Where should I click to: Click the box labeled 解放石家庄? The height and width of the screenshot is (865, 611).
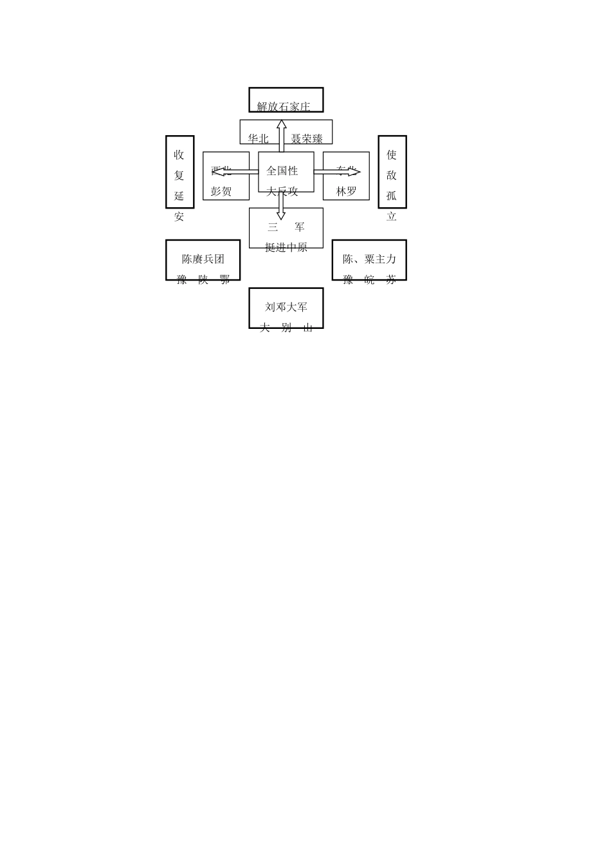click(286, 100)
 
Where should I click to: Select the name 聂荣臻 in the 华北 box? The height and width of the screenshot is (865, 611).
click(307, 138)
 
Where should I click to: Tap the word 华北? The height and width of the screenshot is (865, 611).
click(259, 138)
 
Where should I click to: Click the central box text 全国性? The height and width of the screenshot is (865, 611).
click(282, 171)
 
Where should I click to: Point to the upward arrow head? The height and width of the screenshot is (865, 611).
click(282, 124)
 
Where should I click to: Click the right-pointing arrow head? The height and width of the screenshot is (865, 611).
click(355, 172)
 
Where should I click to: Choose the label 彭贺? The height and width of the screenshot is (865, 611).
click(221, 191)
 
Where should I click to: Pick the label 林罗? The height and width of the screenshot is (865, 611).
click(346, 191)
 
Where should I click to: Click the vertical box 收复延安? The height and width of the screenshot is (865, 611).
click(179, 172)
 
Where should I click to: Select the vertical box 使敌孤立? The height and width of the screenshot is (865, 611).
click(392, 172)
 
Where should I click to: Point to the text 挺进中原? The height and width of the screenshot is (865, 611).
click(286, 247)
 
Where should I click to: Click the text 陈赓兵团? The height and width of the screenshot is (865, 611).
click(203, 259)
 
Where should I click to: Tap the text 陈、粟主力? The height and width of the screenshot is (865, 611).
click(369, 259)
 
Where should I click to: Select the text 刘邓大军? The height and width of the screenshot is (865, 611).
click(286, 308)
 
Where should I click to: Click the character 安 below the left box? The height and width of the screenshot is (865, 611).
click(179, 217)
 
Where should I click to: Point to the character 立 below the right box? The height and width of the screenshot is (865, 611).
click(392, 217)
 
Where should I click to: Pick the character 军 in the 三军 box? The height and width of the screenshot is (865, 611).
click(300, 227)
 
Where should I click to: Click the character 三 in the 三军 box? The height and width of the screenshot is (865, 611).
click(273, 227)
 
